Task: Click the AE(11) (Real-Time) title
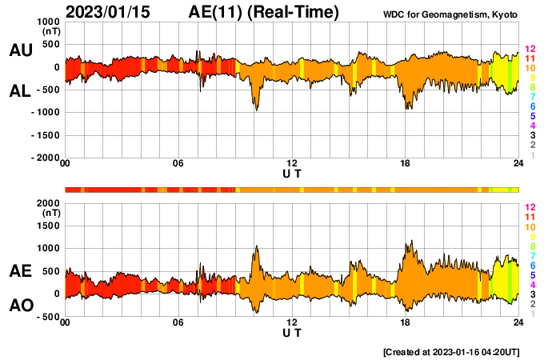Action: coord(264,12)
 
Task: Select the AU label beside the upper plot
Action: coord(20,50)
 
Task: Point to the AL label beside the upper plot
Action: coord(20,92)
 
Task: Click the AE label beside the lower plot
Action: coord(20,272)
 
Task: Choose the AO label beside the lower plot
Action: coord(20,306)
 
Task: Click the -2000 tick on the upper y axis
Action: coord(44,158)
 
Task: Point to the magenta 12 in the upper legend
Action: coord(530,50)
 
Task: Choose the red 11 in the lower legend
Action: coord(530,218)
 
